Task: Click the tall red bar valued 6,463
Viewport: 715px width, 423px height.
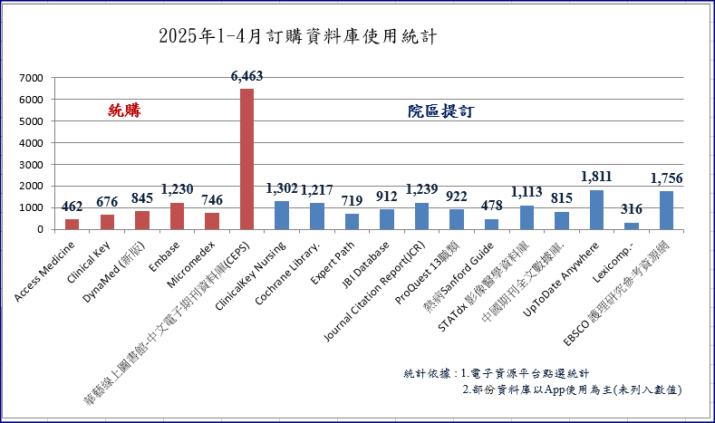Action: tap(246, 159)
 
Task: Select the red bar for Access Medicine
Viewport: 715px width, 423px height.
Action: tap(72, 224)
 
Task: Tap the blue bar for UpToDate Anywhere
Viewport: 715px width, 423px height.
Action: tap(596, 209)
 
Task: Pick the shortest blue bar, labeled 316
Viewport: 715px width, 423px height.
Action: tap(632, 226)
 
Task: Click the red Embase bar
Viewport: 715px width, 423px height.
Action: tap(177, 216)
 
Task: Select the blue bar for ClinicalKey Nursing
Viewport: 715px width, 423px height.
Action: tap(282, 215)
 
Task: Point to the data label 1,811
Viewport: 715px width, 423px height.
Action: tap(597, 177)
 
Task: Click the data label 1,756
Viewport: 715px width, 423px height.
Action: tap(667, 178)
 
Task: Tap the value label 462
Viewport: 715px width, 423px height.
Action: tap(72, 207)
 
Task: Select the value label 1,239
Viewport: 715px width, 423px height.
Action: tap(421, 189)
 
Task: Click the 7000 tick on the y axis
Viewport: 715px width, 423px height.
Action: tap(30, 78)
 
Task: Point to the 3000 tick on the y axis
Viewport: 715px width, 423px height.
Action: tap(30, 165)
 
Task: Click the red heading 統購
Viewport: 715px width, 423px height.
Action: tap(125, 111)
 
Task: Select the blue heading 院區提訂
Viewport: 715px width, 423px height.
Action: tap(441, 111)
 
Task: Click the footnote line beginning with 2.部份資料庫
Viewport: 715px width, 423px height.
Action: tap(571, 389)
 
